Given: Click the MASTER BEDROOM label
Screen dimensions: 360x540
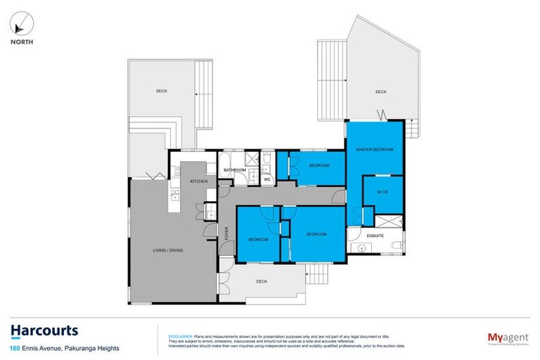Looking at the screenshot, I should pyautogui.click(x=374, y=150).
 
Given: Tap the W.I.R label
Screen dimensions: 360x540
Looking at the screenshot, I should pyautogui.click(x=382, y=193).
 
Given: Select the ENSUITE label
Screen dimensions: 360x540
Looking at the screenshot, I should pyautogui.click(x=375, y=236).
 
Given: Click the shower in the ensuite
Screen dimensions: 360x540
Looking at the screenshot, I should pyautogui.click(x=356, y=216).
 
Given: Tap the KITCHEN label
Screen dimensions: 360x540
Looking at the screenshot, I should pyautogui.click(x=199, y=182).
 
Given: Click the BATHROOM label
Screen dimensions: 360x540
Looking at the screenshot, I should pyautogui.click(x=234, y=170).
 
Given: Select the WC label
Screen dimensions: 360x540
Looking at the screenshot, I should pyautogui.click(x=267, y=179).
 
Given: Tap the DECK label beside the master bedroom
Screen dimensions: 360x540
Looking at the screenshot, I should pyautogui.click(x=380, y=91).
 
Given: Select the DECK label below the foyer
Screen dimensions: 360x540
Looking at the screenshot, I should pyautogui.click(x=262, y=281).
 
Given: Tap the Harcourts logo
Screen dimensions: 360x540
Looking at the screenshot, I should pyautogui.click(x=44, y=331).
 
